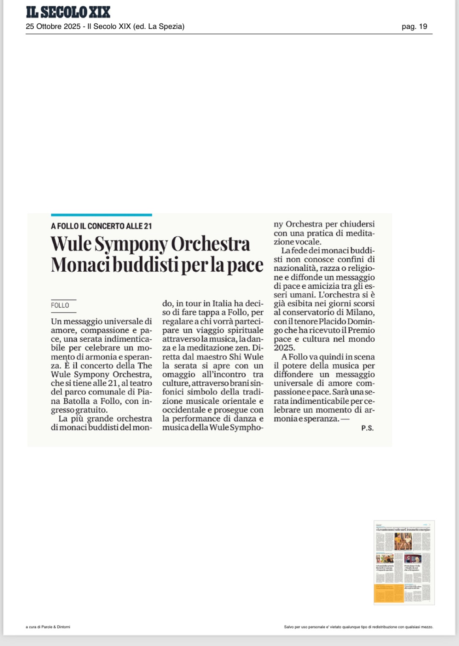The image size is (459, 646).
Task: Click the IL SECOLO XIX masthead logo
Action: (68, 12)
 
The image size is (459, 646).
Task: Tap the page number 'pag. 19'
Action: (414, 26)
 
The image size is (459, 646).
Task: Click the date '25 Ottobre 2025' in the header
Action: (53, 26)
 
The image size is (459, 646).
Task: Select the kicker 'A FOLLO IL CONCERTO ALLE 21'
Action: (101, 226)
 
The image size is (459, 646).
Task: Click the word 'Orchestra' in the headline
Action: (210, 244)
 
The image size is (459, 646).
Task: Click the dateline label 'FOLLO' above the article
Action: (60, 305)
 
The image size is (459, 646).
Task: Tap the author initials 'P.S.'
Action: (367, 428)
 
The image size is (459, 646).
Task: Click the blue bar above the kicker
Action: (101, 215)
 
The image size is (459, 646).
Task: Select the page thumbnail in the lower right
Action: (404, 562)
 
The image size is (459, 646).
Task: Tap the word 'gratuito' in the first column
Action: (91, 410)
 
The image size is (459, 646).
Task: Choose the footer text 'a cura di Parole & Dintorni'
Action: (48, 627)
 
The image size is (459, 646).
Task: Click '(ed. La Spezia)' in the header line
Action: (159, 26)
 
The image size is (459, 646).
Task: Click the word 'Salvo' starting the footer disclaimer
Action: (289, 627)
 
